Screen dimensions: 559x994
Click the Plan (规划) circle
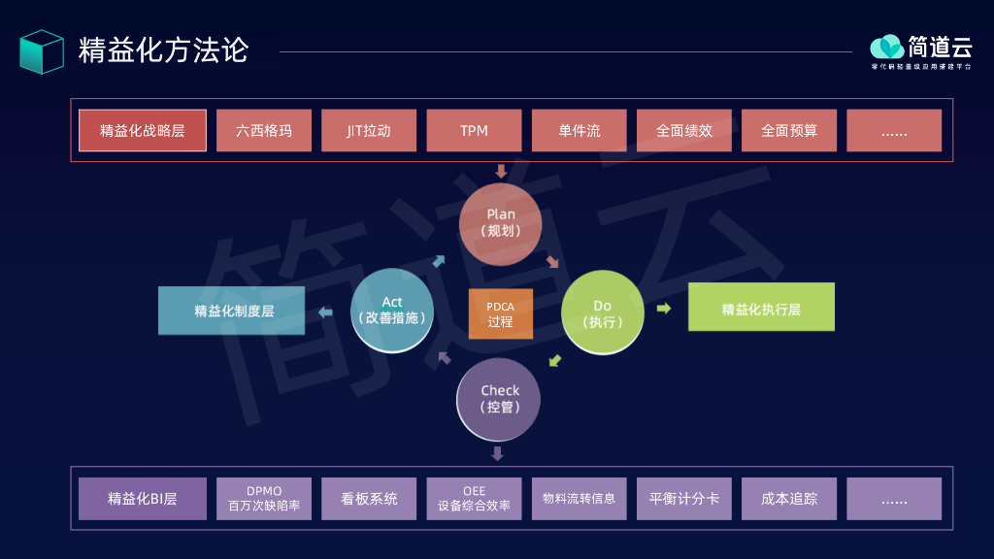click(501, 223)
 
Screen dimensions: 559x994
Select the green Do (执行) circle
click(603, 312)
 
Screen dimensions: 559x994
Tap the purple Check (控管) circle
click(499, 399)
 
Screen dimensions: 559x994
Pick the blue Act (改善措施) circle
click(391, 311)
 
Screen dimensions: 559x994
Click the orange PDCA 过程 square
click(501, 313)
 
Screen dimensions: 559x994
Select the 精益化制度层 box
click(232, 311)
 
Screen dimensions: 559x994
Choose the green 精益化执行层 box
click(761, 308)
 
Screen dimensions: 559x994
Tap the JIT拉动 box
click(369, 130)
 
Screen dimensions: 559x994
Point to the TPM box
click(474, 130)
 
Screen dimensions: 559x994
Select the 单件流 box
click(579, 130)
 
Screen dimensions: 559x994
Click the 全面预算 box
click(789, 130)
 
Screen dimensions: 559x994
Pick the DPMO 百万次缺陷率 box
click(264, 498)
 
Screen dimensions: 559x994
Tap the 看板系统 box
click(369, 498)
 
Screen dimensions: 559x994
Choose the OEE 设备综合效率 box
click(474, 498)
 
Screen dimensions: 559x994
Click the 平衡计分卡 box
click(684, 498)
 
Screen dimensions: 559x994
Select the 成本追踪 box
click(789, 498)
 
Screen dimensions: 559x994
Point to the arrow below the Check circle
click(498, 453)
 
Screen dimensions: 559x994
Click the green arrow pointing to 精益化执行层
click(664, 309)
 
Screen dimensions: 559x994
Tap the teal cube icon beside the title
click(42, 50)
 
